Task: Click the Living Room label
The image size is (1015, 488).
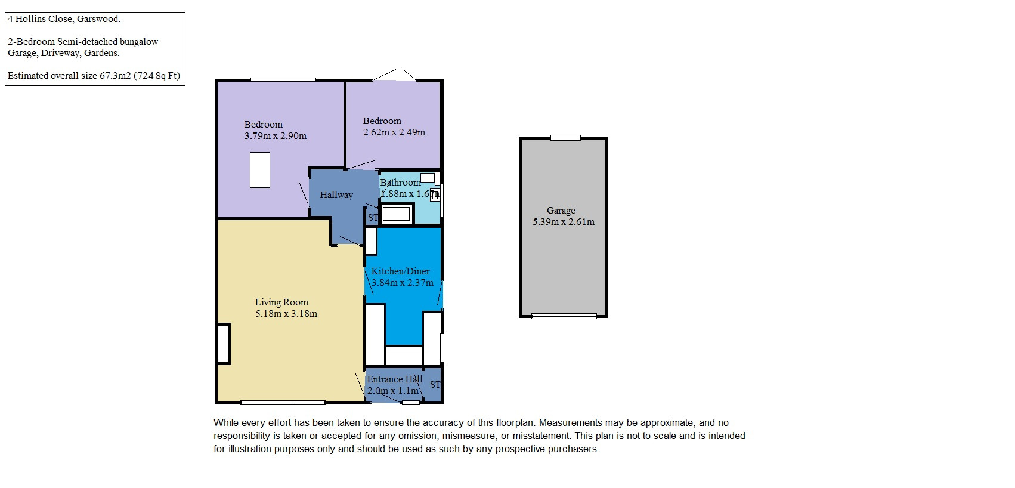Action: (x=281, y=302)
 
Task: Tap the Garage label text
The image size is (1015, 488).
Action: (x=561, y=210)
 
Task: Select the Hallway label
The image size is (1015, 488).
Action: (x=336, y=195)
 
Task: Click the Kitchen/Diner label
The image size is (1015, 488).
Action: (x=401, y=271)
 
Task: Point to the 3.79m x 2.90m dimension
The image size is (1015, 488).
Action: (x=276, y=136)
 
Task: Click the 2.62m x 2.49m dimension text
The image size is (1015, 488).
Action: (x=394, y=132)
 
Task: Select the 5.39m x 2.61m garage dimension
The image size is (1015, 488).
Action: (x=564, y=222)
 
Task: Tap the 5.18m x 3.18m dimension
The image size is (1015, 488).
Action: (x=286, y=314)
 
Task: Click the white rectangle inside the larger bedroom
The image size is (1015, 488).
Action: (x=260, y=170)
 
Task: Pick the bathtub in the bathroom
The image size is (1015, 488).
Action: (x=397, y=214)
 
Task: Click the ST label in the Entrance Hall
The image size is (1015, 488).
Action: (x=435, y=385)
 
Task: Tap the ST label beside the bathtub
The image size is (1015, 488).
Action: (x=373, y=218)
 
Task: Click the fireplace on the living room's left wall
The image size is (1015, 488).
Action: (x=224, y=344)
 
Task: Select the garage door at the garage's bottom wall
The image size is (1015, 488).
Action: (x=564, y=316)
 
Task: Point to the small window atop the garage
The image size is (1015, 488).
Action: (x=565, y=138)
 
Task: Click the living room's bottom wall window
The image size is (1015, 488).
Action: (x=283, y=402)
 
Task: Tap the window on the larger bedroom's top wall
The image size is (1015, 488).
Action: (x=283, y=80)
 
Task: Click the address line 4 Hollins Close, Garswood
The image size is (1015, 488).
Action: (x=64, y=19)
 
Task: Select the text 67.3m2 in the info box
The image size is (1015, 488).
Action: (x=115, y=76)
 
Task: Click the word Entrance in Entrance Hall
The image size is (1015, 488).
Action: (x=385, y=379)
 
